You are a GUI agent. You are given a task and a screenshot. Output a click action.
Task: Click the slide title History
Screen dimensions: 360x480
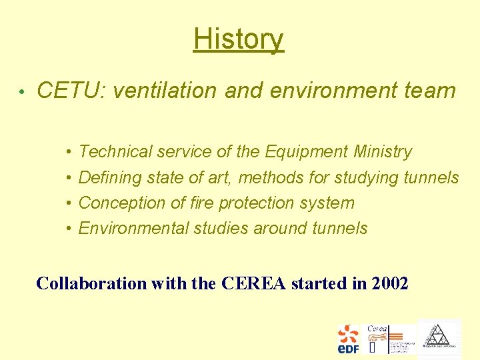[x=239, y=39]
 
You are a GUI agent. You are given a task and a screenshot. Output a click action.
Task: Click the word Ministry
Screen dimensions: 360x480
[x=383, y=152]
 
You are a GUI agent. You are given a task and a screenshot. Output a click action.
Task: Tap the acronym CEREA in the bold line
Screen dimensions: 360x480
[x=253, y=283]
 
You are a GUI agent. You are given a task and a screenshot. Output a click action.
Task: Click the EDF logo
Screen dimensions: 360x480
[x=347, y=339]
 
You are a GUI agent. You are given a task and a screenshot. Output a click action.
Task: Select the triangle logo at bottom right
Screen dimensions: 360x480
[x=438, y=337]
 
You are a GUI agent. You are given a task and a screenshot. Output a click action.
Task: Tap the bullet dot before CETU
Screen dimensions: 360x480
[x=22, y=92]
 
